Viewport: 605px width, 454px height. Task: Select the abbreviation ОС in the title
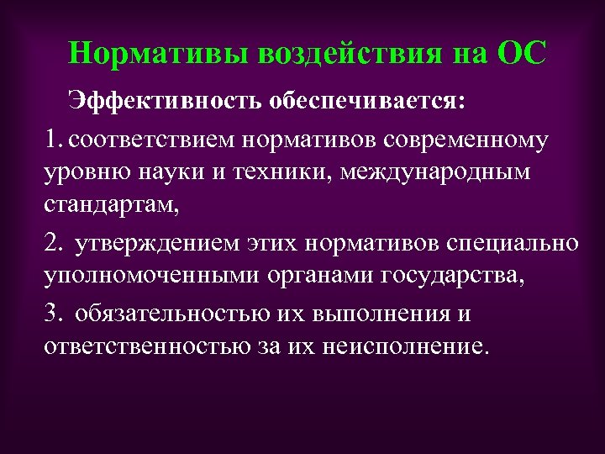click(522, 54)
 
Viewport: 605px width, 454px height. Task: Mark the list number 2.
click(55, 243)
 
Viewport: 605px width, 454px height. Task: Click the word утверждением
click(159, 243)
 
